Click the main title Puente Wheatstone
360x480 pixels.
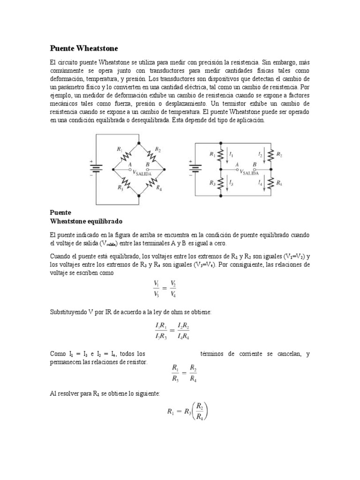[84, 48]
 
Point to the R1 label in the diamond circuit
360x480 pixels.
[119, 149]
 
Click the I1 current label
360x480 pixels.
[232, 154]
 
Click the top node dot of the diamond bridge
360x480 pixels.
[139, 142]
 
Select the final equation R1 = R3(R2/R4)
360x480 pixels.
[187, 411]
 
